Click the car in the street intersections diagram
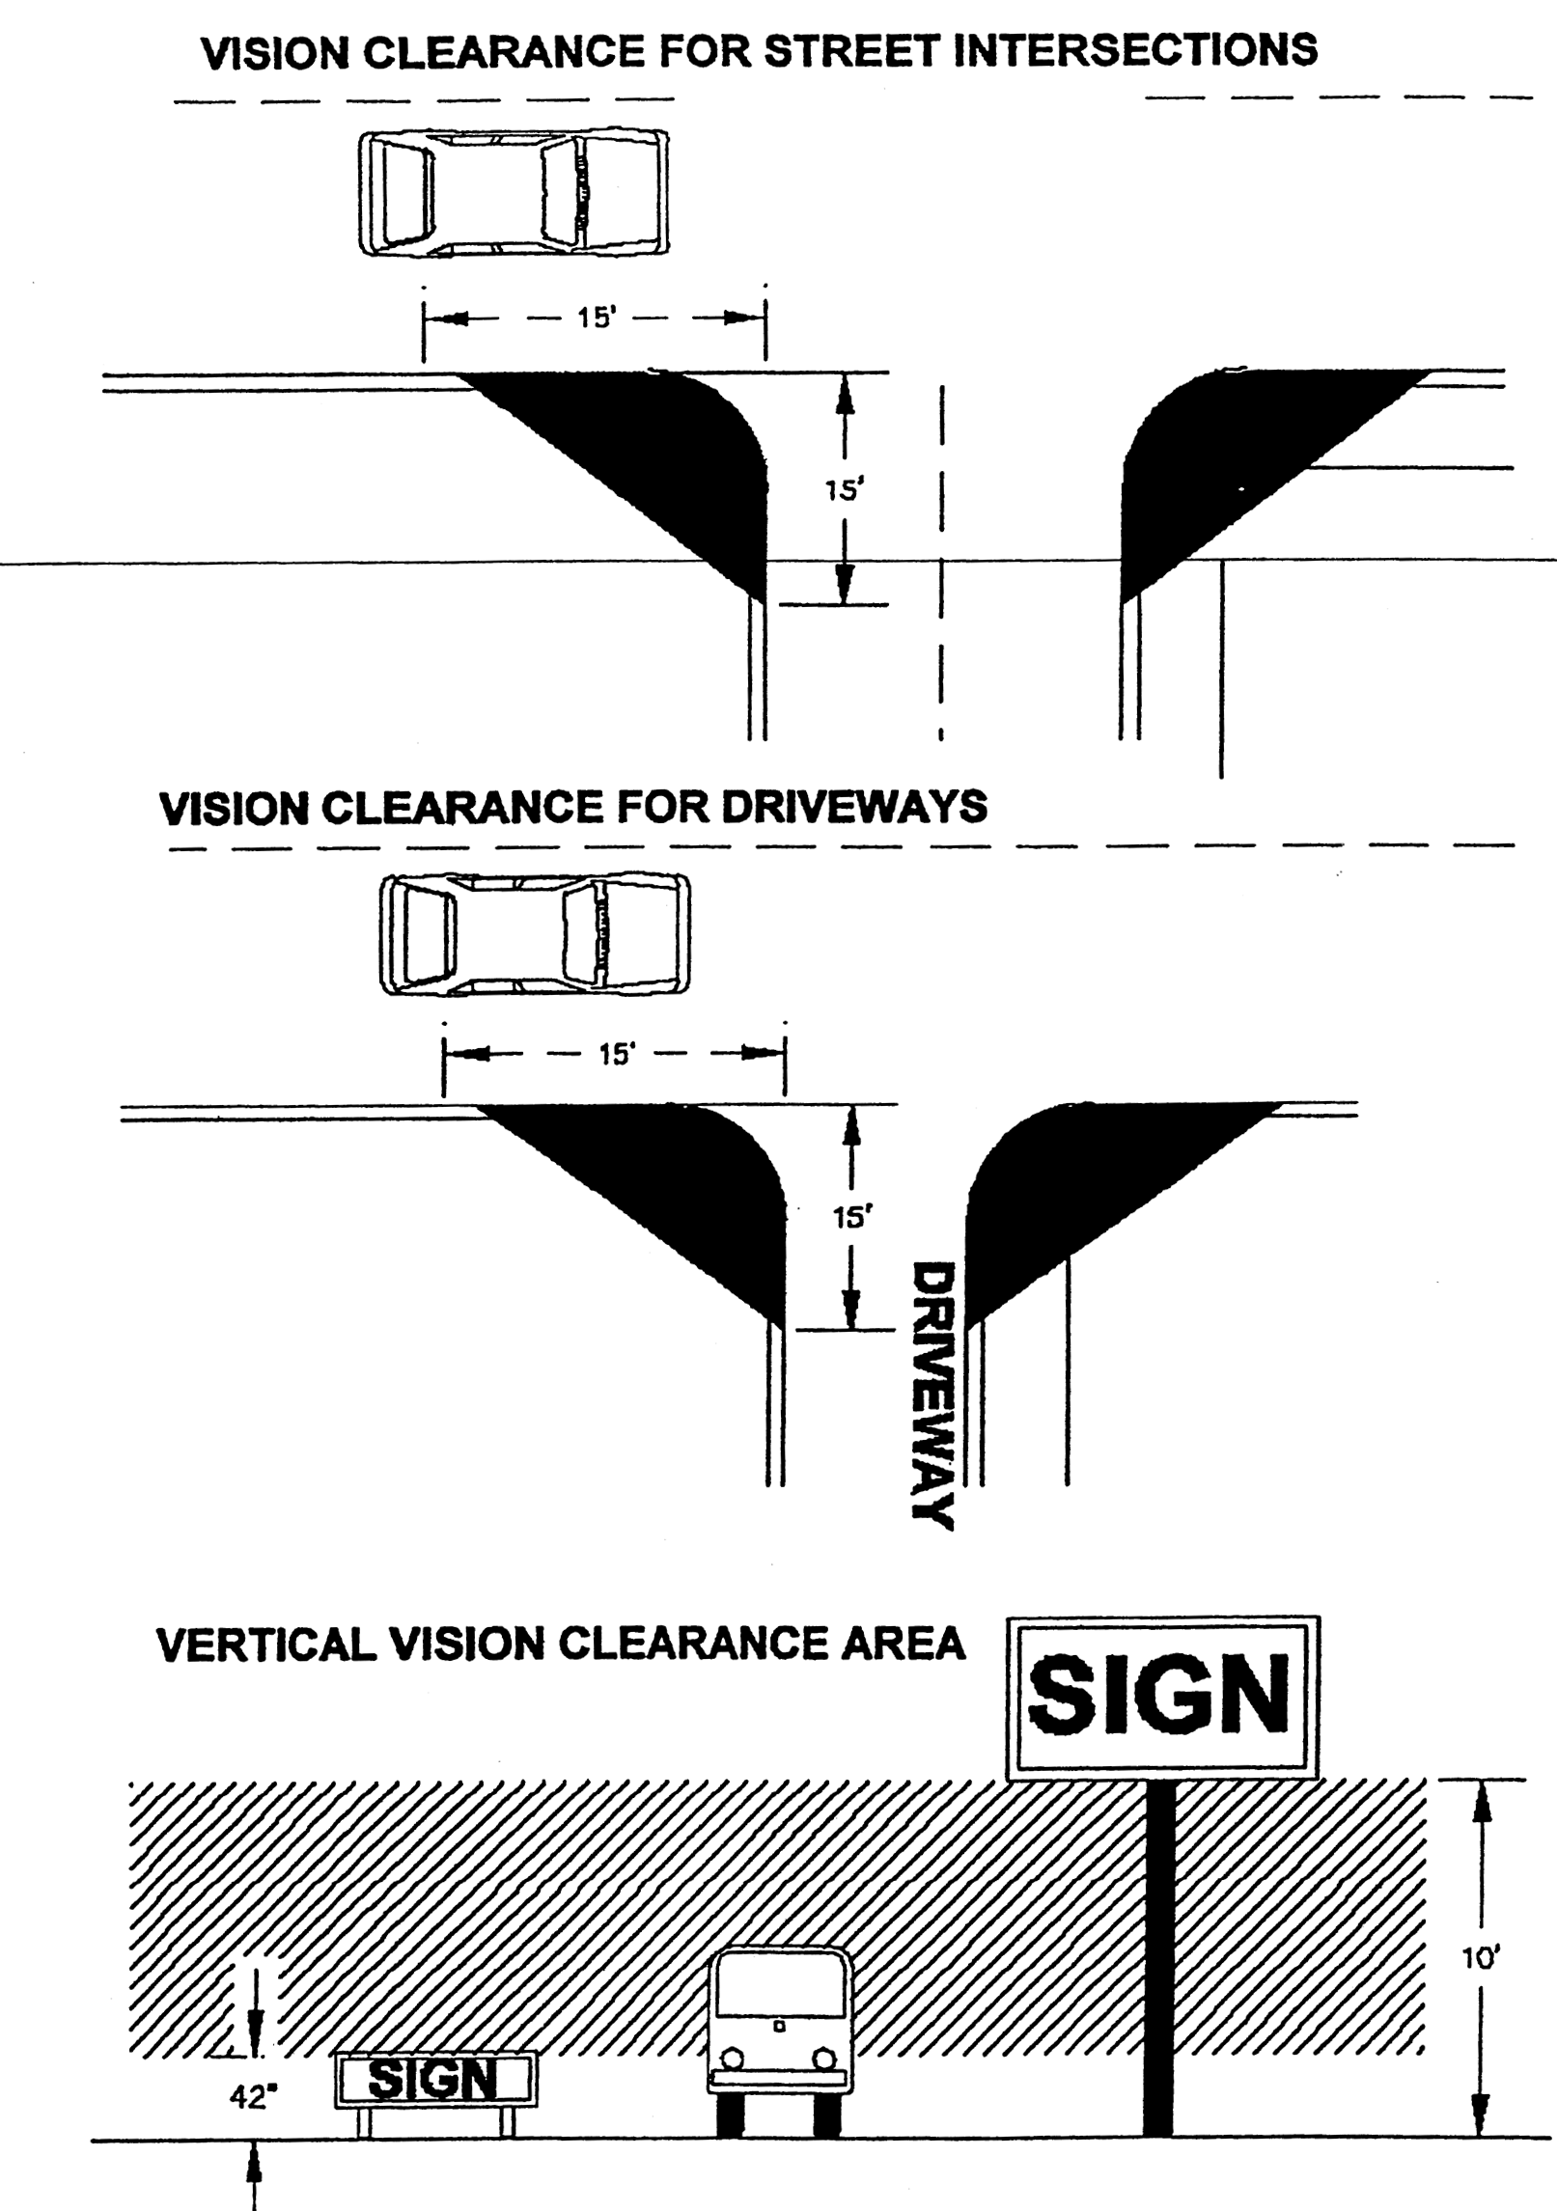pyautogui.click(x=514, y=193)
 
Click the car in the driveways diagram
pyautogui.click(x=535, y=933)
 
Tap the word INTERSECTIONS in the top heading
pyautogui.click(x=1135, y=50)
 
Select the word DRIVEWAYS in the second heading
pyautogui.click(x=854, y=807)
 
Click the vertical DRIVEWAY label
pyautogui.click(x=933, y=1396)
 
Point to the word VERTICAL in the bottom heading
pyautogui.click(x=266, y=1644)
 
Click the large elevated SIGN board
pyautogui.click(x=1162, y=1697)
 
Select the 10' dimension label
pyautogui.click(x=1480, y=1958)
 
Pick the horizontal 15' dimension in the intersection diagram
pyautogui.click(x=595, y=318)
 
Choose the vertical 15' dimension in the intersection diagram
pyautogui.click(x=844, y=488)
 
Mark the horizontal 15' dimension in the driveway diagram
pyautogui.click(x=615, y=1054)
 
